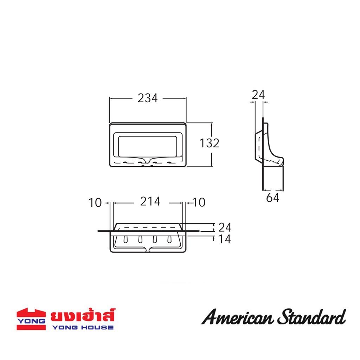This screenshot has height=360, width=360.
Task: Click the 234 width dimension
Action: tap(148, 98)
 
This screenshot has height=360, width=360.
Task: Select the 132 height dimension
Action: tap(209, 143)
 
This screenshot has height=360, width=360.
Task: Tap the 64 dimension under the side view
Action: tap(272, 198)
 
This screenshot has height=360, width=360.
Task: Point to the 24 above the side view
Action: tap(258, 95)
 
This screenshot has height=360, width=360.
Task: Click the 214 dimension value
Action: tap(150, 201)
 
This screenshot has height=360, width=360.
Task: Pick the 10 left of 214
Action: tap(95, 203)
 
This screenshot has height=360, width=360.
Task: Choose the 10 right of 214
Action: tap(199, 202)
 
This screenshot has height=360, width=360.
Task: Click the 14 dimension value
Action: tap(225, 239)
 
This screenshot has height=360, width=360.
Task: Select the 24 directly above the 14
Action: tap(225, 227)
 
